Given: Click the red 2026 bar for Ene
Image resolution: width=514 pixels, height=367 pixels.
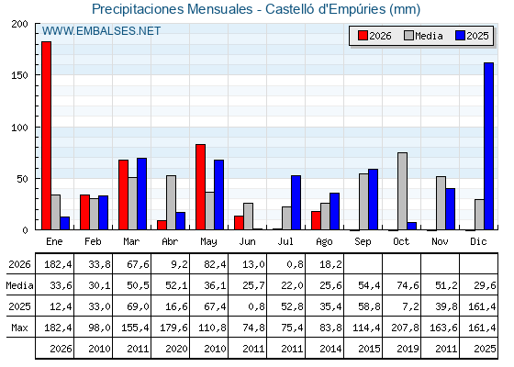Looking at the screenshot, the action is [46, 136].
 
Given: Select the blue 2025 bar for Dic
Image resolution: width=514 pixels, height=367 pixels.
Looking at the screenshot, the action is [488, 146].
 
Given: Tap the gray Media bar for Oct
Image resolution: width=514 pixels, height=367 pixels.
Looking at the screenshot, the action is [402, 191].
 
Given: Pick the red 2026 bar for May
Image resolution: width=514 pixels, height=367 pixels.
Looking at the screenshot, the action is [201, 187].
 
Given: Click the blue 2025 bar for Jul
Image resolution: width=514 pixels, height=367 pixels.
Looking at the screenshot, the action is [296, 203].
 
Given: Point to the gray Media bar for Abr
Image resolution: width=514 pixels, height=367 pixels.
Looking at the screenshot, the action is [171, 203].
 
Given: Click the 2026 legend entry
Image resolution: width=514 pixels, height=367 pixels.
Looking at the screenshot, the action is [374, 36].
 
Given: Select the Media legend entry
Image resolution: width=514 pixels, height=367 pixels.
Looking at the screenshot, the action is [423, 36].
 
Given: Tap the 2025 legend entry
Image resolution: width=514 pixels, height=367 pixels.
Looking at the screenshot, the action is [472, 36].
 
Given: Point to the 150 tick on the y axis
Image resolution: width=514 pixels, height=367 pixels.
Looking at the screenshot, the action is [19, 75].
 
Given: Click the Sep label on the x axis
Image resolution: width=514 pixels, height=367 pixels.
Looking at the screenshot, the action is [363, 242].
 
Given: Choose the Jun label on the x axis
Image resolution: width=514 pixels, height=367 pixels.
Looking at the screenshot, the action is [247, 242].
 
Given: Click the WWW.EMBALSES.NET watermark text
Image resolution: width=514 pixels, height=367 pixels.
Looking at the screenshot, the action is [101, 31].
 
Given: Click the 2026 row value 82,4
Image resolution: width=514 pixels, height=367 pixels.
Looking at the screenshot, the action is [215, 264].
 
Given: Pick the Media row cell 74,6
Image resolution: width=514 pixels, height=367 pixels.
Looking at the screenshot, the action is [408, 285].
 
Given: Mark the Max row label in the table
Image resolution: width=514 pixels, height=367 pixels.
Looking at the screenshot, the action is [19, 328].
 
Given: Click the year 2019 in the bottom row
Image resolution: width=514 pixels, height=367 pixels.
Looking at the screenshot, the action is [408, 349].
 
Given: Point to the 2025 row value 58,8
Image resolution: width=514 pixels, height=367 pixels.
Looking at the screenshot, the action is [369, 306].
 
